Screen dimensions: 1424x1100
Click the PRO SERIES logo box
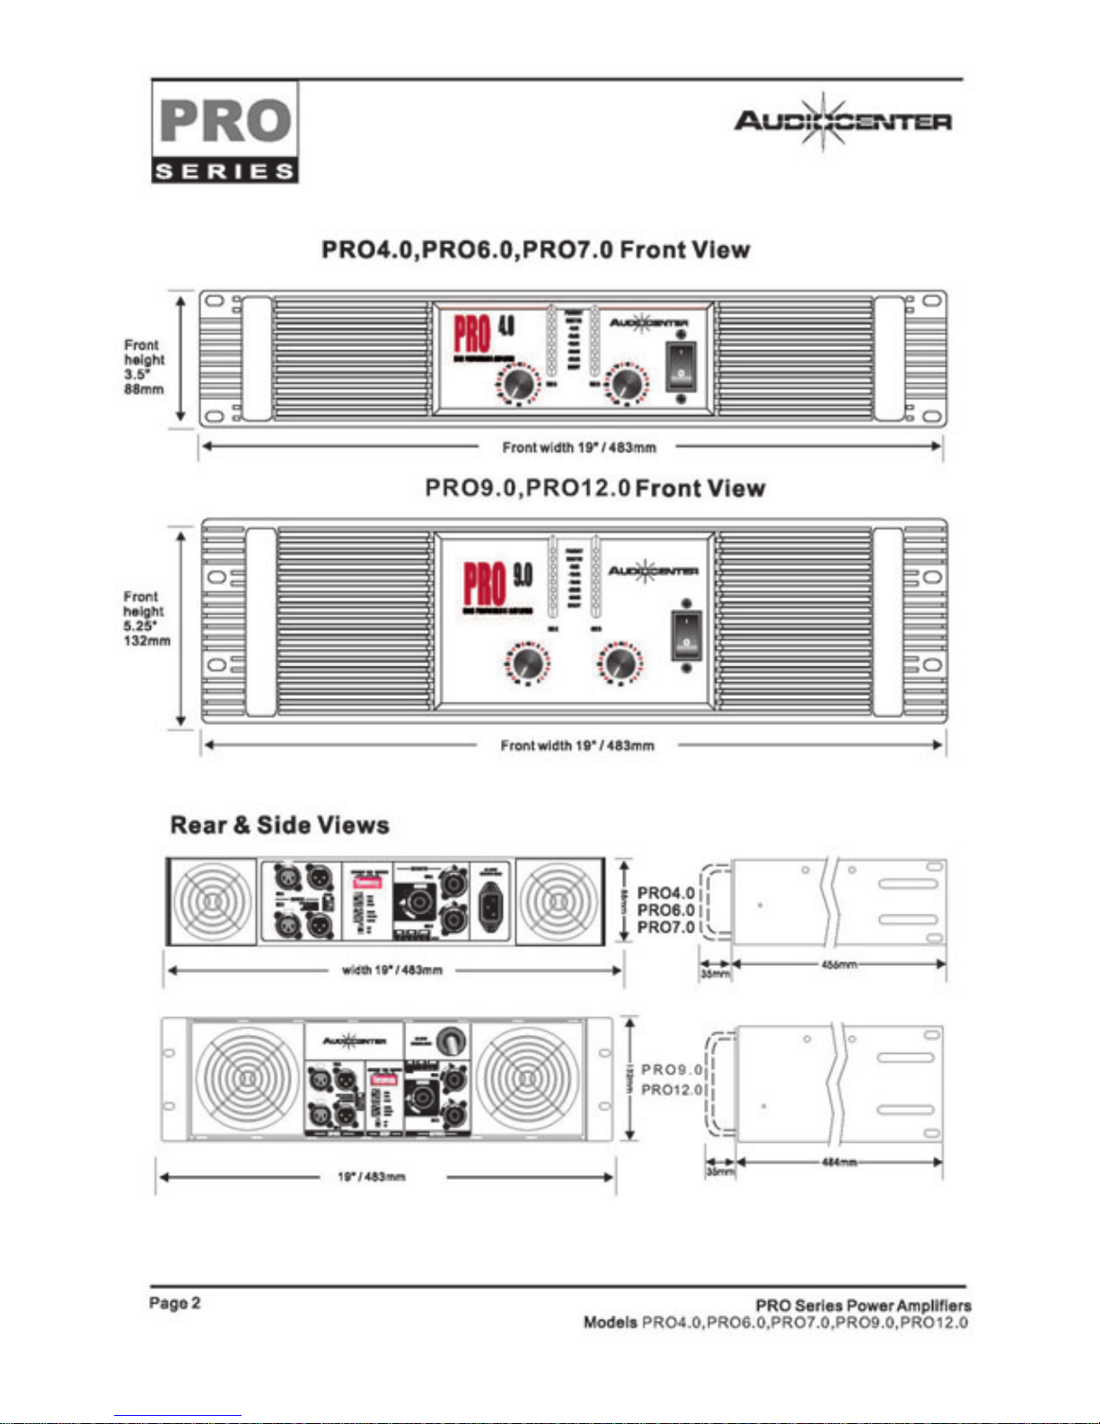[x=224, y=132]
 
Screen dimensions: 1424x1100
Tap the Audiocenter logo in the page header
[x=842, y=121]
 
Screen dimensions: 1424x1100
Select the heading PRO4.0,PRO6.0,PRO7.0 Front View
[x=535, y=250]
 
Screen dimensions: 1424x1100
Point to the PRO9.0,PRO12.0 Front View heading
[x=594, y=489]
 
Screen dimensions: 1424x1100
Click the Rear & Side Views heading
[x=279, y=825]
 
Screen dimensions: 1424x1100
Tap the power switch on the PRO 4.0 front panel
[x=681, y=366]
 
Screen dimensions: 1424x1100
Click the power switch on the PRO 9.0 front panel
[x=686, y=635]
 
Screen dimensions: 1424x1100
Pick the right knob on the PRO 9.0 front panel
[x=618, y=664]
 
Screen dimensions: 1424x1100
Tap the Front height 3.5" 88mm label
[x=144, y=367]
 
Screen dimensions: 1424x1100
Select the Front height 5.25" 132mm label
[x=145, y=618]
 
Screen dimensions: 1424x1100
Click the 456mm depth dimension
[x=839, y=964]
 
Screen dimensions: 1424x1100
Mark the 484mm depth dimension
[x=840, y=1163]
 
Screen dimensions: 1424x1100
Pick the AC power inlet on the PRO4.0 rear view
[x=492, y=901]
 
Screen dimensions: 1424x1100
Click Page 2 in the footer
[x=175, y=1303]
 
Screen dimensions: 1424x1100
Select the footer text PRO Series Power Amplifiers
[x=862, y=1305]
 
